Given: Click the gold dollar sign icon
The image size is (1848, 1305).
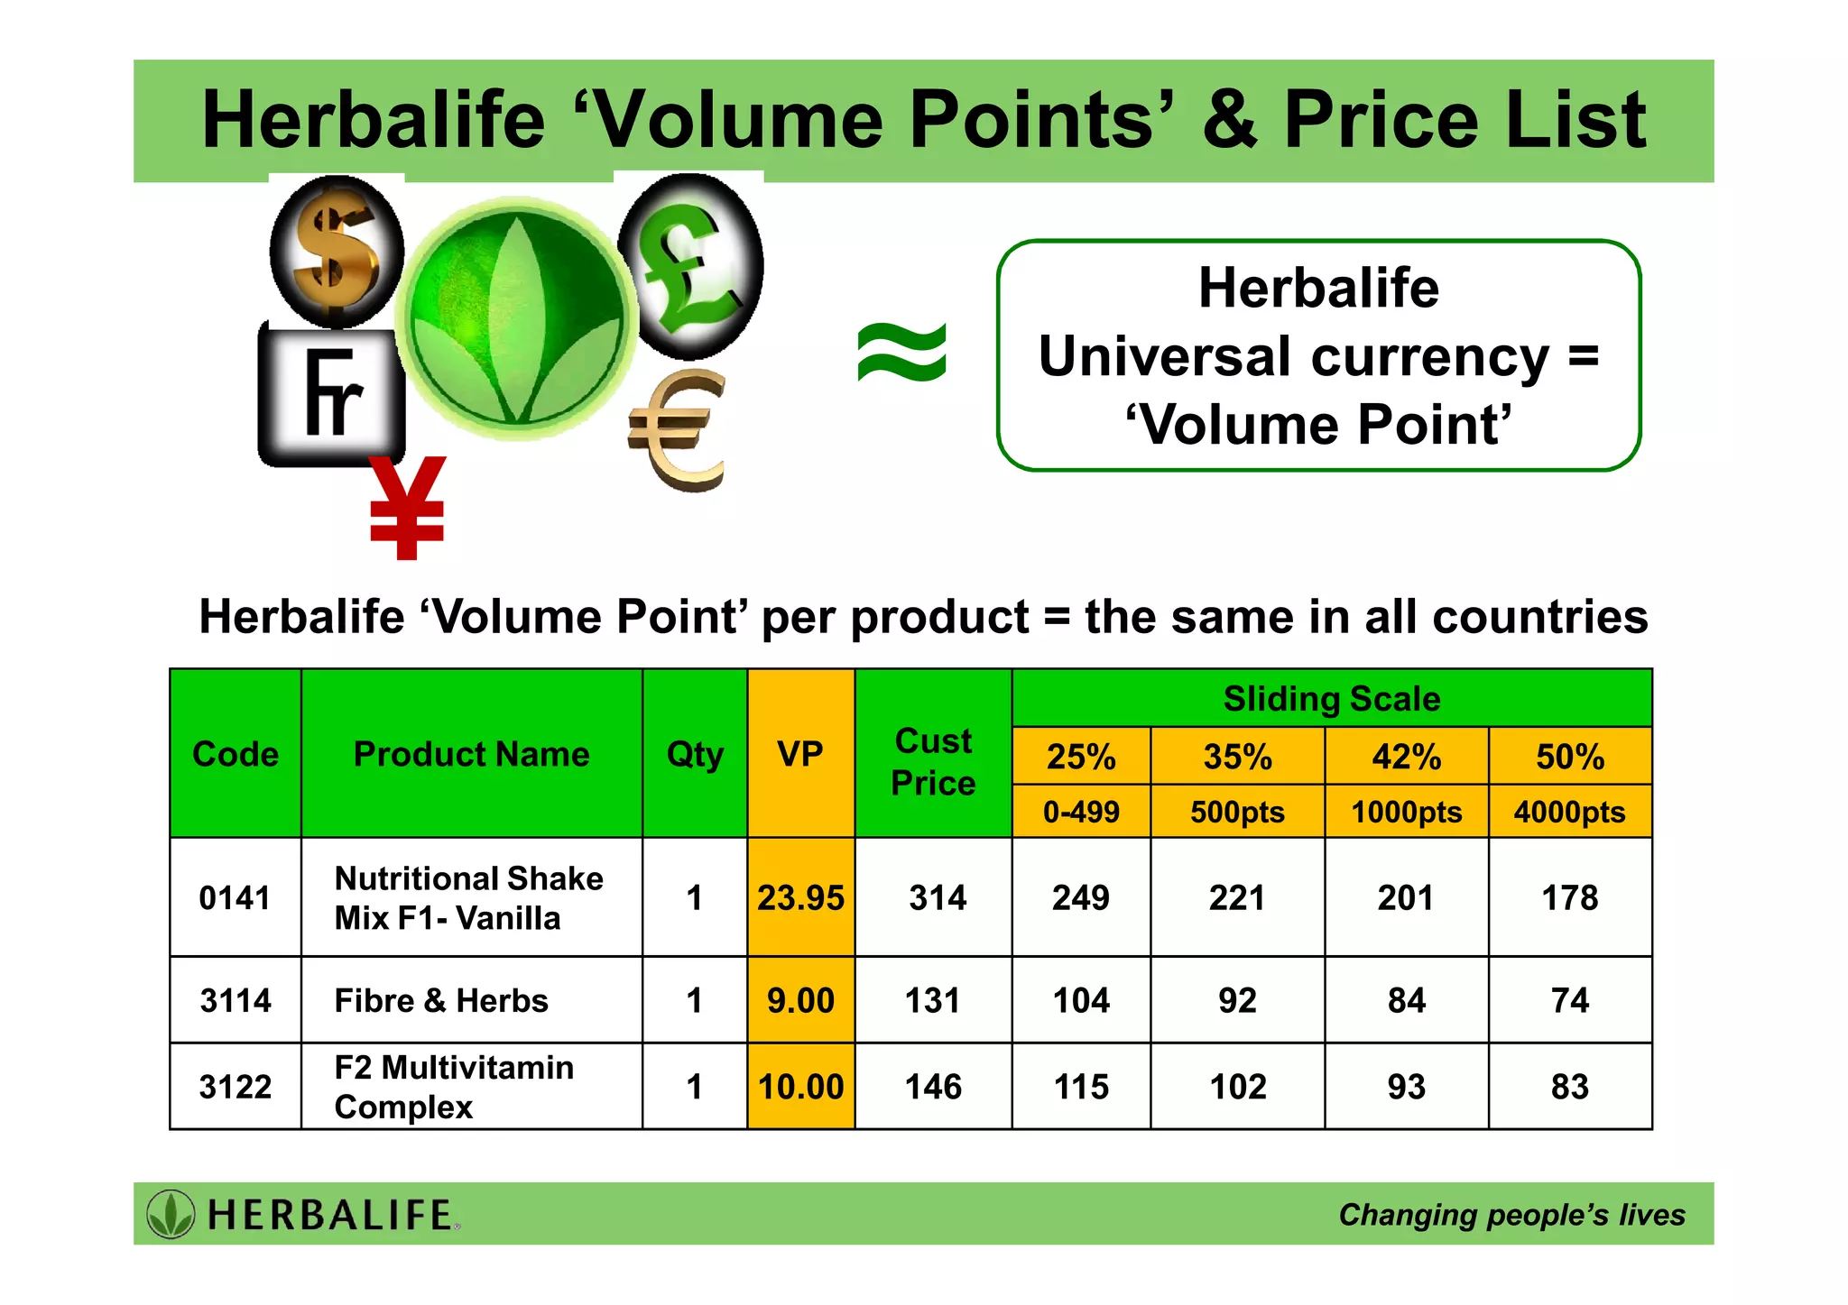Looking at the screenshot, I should tap(337, 251).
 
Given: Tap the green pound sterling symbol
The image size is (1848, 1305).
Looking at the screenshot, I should tap(691, 266).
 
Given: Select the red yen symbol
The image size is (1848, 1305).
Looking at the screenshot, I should tap(407, 507).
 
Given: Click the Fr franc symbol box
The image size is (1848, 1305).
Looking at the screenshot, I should tap(332, 393).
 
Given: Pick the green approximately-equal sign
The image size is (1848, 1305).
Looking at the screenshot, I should tap(901, 353).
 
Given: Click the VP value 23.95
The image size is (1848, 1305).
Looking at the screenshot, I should tap(800, 897).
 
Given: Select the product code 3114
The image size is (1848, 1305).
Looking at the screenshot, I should tap(236, 1000).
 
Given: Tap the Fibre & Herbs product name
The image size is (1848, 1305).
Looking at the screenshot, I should tap(441, 1000).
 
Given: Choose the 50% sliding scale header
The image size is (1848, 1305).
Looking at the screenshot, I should tap(1570, 757).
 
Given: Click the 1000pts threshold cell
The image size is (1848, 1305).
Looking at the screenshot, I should tap(1406, 812).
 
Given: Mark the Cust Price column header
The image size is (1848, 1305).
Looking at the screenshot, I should tap(933, 761).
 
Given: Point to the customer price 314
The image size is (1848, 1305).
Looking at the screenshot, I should tap(938, 897).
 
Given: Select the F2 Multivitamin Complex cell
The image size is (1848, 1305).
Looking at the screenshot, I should tap(453, 1087).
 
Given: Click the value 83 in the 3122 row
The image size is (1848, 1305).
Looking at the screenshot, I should tap(1570, 1087).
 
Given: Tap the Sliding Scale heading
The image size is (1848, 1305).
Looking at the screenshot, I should tap(1332, 699).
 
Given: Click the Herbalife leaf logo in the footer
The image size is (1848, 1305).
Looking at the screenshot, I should tap(171, 1214).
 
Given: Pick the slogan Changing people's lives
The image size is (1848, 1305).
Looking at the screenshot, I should tap(1511, 1215).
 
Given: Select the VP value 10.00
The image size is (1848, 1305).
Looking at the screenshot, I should tap(800, 1087).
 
